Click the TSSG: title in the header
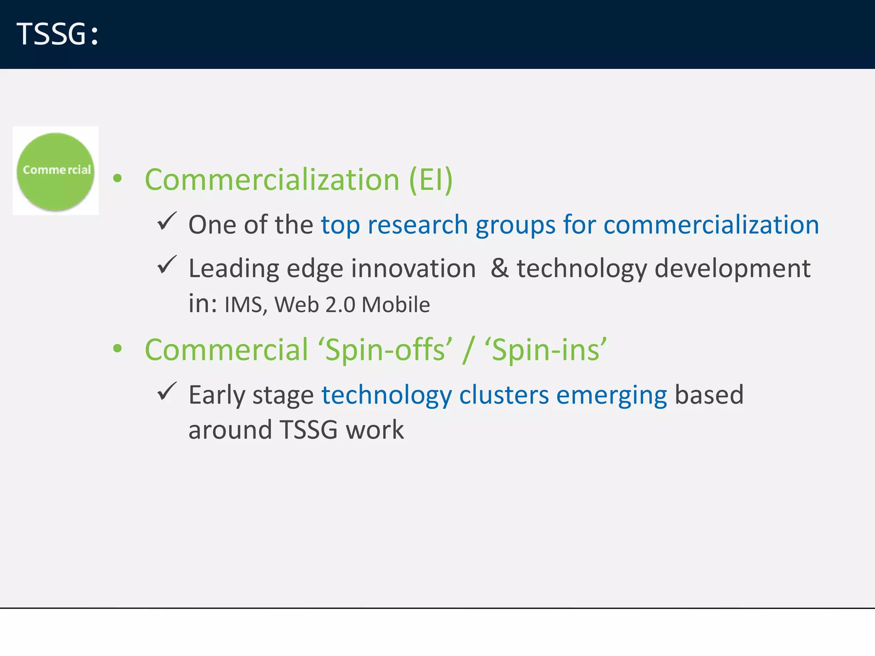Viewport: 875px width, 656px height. click(58, 34)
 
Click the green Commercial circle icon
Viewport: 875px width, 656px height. click(56, 171)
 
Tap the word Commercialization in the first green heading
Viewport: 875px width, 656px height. click(272, 180)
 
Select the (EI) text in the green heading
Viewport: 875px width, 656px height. click(431, 180)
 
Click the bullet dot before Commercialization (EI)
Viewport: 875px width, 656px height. click(117, 179)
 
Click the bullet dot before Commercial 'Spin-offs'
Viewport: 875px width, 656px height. click(117, 348)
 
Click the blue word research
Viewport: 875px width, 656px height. click(417, 225)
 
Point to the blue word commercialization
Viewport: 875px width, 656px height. click(711, 225)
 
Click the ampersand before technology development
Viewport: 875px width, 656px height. click(499, 268)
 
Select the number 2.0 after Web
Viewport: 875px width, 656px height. click(340, 305)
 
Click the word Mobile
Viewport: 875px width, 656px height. click(396, 305)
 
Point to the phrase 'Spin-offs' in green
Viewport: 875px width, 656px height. click(385, 350)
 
